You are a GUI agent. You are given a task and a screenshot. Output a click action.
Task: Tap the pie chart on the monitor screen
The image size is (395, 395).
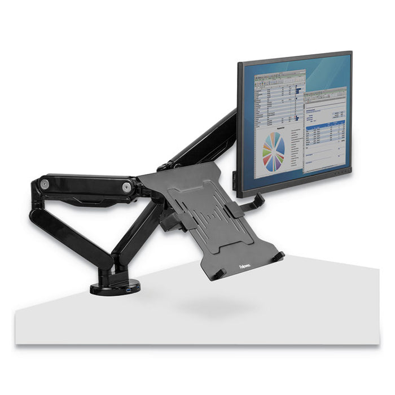pyautogui.click(x=274, y=152)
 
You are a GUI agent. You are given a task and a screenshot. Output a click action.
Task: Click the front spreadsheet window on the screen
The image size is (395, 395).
pyautogui.click(x=324, y=133)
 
